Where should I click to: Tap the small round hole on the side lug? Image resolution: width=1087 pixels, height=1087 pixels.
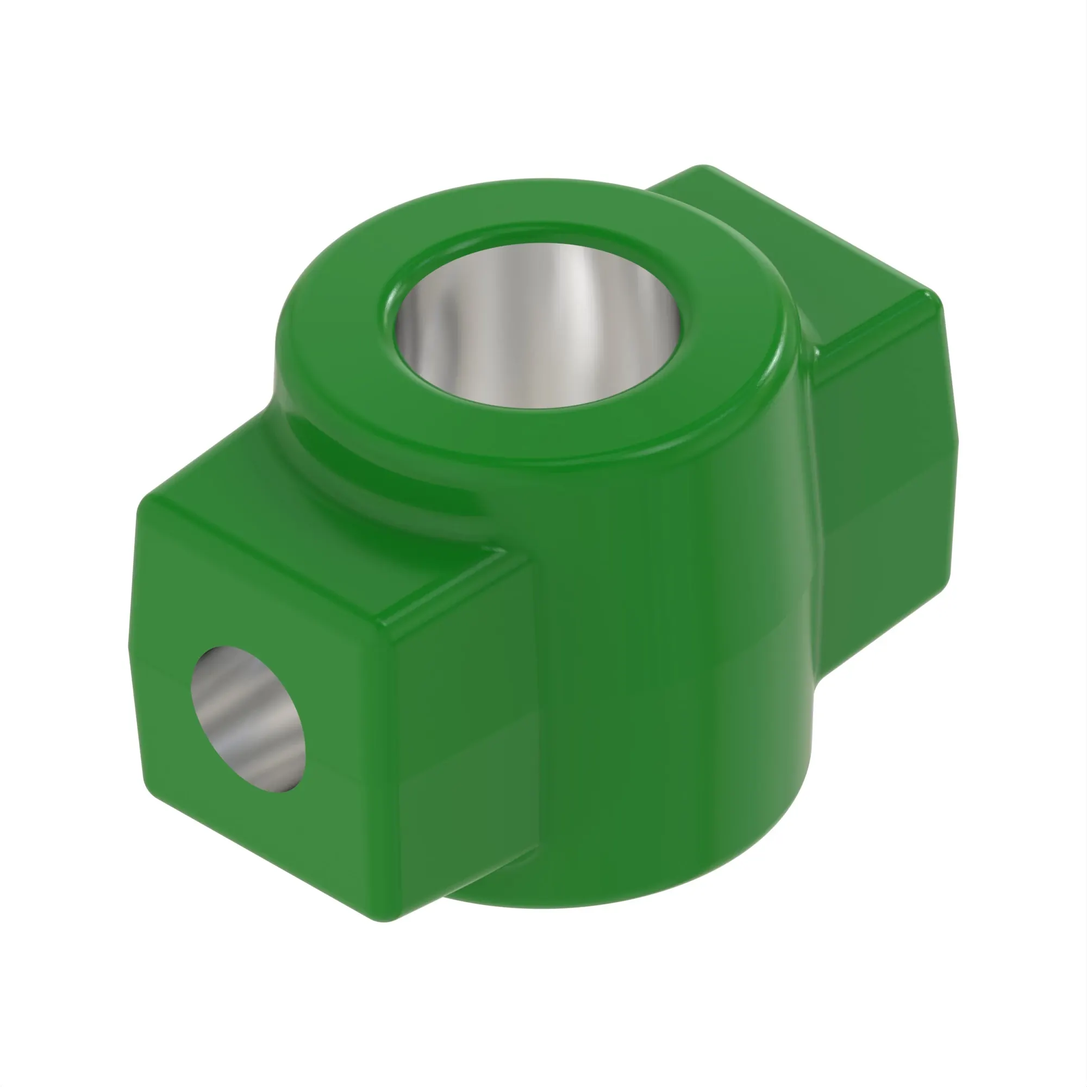point(247,720)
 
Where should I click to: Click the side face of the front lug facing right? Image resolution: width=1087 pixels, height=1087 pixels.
point(461,732)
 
